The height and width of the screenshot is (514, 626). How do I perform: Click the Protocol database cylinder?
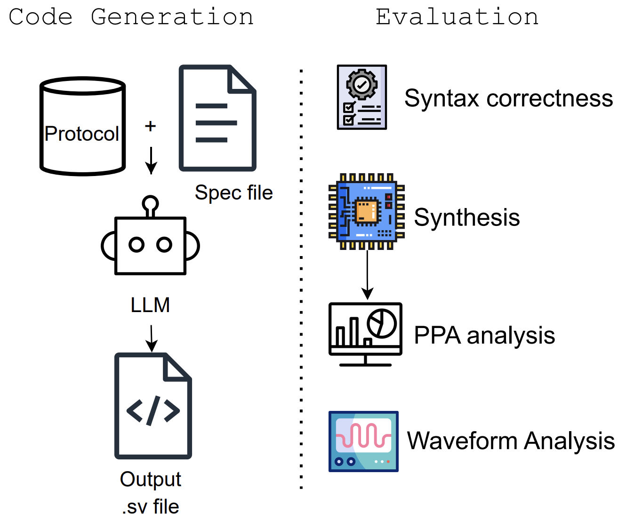(x=82, y=126)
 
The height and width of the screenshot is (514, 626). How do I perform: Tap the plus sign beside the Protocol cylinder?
(x=150, y=126)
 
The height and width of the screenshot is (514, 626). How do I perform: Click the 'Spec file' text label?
(x=234, y=193)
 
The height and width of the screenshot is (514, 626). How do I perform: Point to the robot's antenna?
(x=150, y=205)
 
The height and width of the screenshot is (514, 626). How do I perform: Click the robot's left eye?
(x=136, y=245)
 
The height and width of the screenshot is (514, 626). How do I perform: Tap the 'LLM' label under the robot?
(x=150, y=305)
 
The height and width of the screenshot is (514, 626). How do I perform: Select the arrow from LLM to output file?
(x=151, y=338)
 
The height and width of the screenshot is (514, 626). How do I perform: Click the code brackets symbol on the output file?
(x=153, y=410)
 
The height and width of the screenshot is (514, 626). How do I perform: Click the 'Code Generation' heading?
(x=131, y=17)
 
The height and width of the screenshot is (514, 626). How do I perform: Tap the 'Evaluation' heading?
(x=457, y=17)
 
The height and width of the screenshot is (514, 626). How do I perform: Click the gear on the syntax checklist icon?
(x=361, y=85)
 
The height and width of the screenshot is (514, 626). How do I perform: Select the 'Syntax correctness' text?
(x=508, y=98)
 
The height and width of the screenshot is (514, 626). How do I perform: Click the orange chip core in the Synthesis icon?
(x=367, y=212)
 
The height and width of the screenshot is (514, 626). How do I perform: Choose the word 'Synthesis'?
(x=467, y=217)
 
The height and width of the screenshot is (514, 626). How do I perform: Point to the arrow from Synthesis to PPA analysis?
(x=367, y=275)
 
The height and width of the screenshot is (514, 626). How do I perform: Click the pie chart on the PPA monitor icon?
(x=382, y=323)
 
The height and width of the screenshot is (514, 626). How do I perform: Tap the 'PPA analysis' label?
(x=484, y=336)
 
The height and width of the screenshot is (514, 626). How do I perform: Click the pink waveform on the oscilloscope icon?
(x=363, y=436)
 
